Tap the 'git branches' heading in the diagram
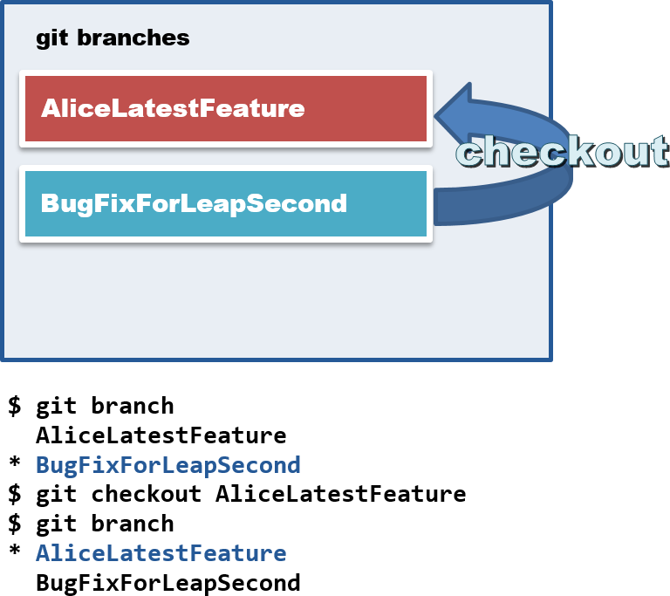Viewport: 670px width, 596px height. [113, 38]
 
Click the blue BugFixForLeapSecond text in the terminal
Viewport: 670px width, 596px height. [167, 464]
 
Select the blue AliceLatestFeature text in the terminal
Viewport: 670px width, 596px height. [161, 553]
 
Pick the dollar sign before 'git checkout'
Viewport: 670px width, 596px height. [14, 494]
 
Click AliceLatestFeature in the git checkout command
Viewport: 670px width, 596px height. [340, 494]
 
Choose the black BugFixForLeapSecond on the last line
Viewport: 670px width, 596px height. [167, 583]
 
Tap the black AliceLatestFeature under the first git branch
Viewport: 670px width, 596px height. [161, 435]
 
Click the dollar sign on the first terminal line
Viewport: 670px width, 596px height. [14, 406]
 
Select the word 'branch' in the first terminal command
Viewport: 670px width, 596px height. [132, 406]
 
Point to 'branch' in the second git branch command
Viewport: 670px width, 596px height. [132, 524]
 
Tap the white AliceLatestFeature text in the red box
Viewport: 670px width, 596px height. [173, 109]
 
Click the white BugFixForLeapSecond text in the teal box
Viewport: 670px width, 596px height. [194, 204]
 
